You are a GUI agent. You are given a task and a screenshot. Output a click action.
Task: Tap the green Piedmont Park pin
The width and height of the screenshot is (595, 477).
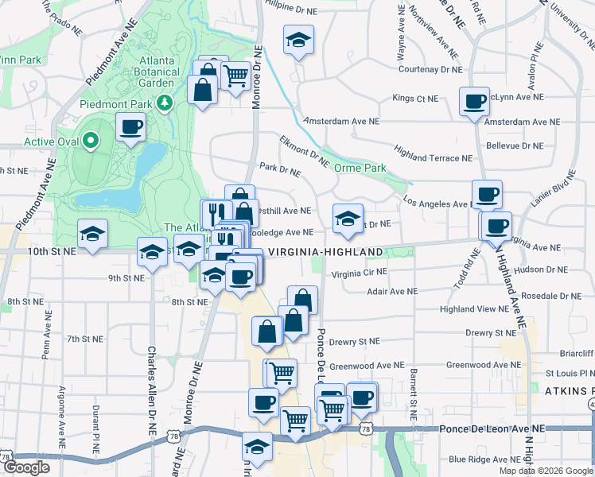165,103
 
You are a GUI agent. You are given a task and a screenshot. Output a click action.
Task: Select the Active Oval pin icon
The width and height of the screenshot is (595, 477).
91,142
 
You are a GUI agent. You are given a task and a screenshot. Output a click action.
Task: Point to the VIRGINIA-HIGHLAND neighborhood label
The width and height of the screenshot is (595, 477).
325,252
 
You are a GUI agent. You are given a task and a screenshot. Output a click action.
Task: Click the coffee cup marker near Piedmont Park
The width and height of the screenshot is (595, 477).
130,126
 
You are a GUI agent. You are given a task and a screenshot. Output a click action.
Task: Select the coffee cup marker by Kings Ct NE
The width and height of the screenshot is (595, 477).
474,102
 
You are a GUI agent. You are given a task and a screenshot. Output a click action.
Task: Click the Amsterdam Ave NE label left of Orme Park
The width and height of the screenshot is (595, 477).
342,122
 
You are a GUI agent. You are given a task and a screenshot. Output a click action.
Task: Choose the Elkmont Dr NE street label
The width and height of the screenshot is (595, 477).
304,150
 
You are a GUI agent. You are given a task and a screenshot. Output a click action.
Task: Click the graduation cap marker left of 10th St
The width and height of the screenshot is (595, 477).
92,234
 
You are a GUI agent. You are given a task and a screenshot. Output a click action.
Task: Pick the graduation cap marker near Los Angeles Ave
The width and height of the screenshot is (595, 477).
347,219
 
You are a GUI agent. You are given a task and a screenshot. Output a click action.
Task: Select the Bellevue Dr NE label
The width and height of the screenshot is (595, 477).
514,145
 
